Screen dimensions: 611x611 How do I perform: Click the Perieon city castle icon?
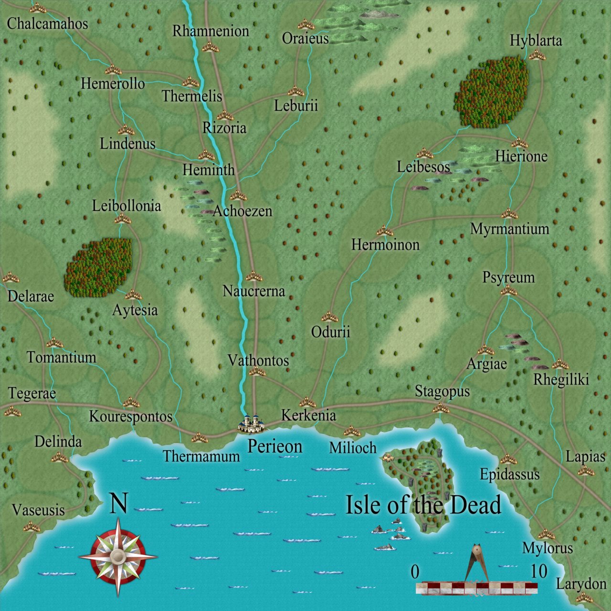tap(251, 423)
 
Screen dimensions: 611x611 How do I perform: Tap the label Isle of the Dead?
tap(423, 505)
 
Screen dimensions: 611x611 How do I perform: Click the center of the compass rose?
tap(118, 556)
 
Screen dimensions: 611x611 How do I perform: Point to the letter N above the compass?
tap(119, 504)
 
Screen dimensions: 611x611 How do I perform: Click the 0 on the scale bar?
tap(415, 572)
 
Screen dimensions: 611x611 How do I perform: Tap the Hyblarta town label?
tap(536, 41)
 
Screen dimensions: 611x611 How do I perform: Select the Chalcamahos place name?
tap(47, 23)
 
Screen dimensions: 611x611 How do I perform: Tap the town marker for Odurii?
tap(329, 316)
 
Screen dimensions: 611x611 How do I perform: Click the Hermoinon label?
tap(385, 245)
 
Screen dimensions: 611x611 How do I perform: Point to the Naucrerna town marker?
tap(254, 276)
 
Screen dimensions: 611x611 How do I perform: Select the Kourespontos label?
tap(130, 416)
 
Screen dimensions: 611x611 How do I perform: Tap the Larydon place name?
tap(581, 584)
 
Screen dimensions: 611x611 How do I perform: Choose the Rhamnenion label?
tap(211, 32)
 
